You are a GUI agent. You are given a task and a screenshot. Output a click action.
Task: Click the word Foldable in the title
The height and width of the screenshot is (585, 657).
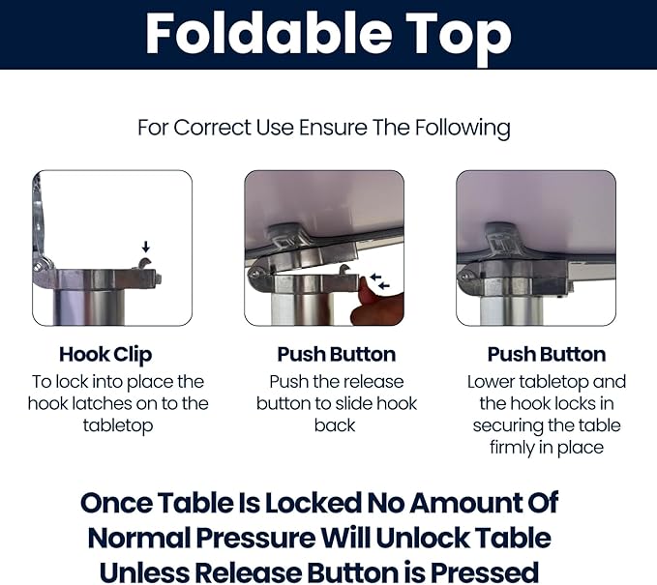[268, 34]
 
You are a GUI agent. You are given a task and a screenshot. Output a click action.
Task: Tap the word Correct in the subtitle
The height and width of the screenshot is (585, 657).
[212, 128]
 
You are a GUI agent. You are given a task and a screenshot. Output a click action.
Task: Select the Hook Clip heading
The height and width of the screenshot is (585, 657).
[105, 355]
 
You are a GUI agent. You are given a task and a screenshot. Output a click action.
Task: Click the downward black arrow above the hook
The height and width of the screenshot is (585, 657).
[145, 247]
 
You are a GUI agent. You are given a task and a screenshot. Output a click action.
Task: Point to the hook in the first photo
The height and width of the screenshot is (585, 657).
[144, 264]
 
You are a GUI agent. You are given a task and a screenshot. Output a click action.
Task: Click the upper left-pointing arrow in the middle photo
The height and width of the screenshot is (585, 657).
[375, 277]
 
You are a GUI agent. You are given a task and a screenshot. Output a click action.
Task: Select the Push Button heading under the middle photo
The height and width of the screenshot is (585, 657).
[337, 354]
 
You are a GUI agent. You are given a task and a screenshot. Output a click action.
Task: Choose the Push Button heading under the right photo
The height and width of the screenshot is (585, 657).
[547, 354]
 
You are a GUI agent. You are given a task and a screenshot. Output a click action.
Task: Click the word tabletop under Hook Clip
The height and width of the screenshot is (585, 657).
[118, 426]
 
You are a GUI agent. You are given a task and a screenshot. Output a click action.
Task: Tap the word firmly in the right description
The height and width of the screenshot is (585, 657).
[512, 448]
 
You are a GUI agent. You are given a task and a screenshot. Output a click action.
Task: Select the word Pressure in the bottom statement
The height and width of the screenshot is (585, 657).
[256, 538]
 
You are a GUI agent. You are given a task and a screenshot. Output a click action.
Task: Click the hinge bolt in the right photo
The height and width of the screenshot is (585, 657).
[463, 277]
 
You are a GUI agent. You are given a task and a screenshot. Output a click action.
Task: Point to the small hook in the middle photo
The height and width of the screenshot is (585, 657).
[344, 269]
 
